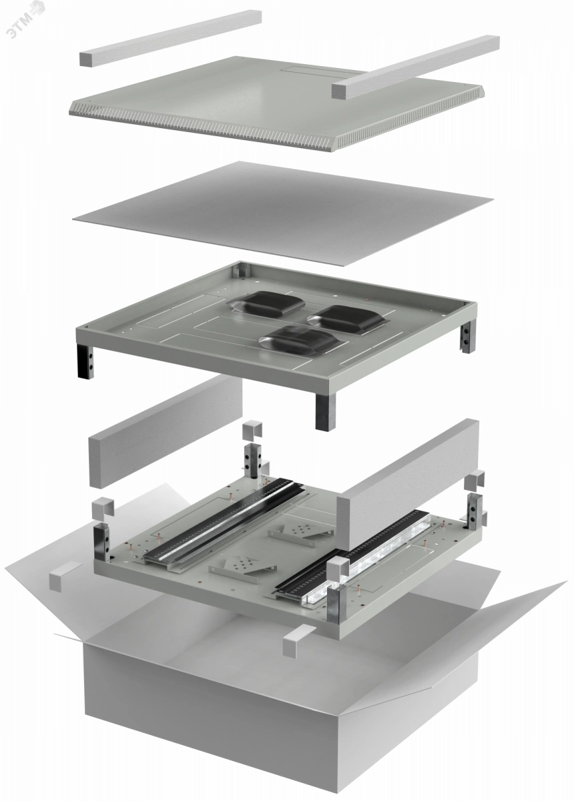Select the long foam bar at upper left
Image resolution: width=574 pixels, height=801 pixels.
coord(170,38)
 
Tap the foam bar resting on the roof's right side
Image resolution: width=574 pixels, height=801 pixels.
coord(415,67)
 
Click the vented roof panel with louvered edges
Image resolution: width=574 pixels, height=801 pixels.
coord(276,103)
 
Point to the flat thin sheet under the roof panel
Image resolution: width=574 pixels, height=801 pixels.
coord(282,213)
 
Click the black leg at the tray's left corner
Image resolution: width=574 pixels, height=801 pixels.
coord(85,361)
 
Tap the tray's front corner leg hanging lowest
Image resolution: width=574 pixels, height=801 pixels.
coord(325,412)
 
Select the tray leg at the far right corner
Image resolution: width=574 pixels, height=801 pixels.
coord(467,337)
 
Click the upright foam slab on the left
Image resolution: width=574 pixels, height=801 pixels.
coord(165,432)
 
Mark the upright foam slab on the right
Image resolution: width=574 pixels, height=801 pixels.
coord(408,485)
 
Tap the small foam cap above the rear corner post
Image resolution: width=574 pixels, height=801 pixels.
coord(252,431)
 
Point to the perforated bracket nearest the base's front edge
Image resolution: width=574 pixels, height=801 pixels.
coord(243,569)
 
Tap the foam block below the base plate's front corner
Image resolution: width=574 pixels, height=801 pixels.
coord(298,639)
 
